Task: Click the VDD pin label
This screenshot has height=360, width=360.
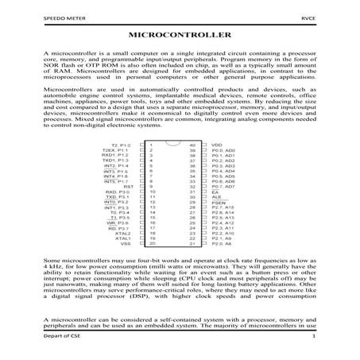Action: click(x=217, y=145)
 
